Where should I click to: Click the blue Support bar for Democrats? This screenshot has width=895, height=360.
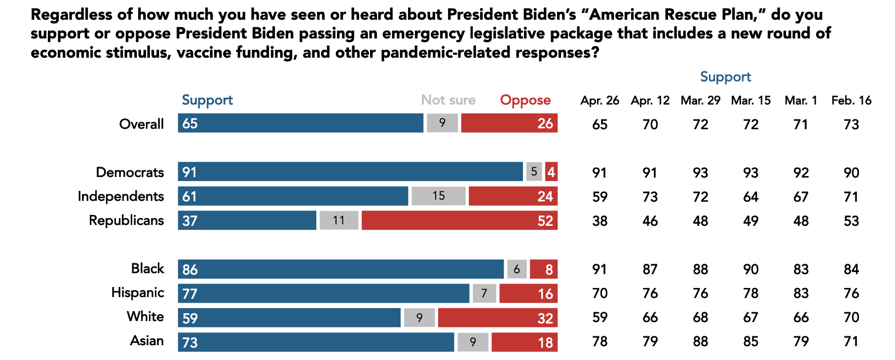pyautogui.click(x=350, y=172)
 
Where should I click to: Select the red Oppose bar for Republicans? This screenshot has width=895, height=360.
pyautogui.click(x=459, y=220)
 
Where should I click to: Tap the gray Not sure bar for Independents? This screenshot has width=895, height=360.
pyautogui.click(x=439, y=196)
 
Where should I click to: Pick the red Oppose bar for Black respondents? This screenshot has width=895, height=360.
pyautogui.click(x=544, y=269)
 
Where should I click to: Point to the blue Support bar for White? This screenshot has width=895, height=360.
pyautogui.click(x=289, y=317)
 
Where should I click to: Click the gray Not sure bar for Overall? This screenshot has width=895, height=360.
pyautogui.click(x=442, y=123)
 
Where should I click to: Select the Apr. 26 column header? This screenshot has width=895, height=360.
pyautogui.click(x=599, y=100)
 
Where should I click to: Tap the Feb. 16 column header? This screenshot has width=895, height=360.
pyautogui.click(x=851, y=100)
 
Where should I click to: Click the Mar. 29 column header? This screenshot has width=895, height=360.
pyautogui.click(x=700, y=100)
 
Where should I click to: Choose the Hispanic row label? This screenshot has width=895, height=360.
pyautogui.click(x=138, y=292)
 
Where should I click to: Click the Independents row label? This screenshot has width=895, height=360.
pyautogui.click(x=121, y=196)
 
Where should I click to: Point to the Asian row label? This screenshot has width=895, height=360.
pyautogui.click(x=147, y=341)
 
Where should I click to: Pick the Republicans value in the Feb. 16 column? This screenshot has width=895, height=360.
pyautogui.click(x=851, y=220)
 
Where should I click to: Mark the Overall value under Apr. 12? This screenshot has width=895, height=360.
pyautogui.click(x=650, y=124)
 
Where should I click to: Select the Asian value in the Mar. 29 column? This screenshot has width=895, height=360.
pyautogui.click(x=700, y=341)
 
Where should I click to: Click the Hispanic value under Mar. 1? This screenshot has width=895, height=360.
pyautogui.click(x=801, y=293)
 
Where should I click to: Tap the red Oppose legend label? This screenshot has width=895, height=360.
pyautogui.click(x=525, y=100)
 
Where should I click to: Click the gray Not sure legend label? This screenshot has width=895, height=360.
pyautogui.click(x=448, y=100)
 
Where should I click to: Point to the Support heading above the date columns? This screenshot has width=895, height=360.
pyautogui.click(x=725, y=77)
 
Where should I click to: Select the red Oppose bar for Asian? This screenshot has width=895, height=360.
pyautogui.click(x=524, y=342)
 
